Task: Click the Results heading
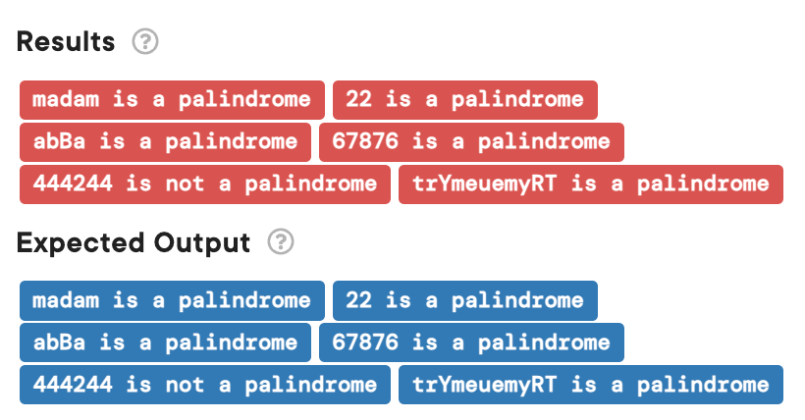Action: [66, 42]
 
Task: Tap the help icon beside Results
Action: [145, 42]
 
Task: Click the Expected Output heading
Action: [134, 242]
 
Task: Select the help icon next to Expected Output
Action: [282, 242]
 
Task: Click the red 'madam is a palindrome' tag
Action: [172, 99]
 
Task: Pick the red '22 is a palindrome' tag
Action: [464, 99]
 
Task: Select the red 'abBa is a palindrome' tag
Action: [165, 141]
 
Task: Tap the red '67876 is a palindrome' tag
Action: [471, 141]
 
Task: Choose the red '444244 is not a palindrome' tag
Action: [204, 184]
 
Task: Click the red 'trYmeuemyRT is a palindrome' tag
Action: [590, 184]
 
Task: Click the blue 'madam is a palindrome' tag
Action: [172, 300]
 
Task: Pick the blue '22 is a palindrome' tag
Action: [464, 300]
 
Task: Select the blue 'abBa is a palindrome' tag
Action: [165, 342]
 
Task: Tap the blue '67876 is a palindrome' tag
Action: [471, 342]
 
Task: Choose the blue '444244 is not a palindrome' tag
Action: [204, 385]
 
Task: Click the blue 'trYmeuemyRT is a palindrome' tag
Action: [590, 385]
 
